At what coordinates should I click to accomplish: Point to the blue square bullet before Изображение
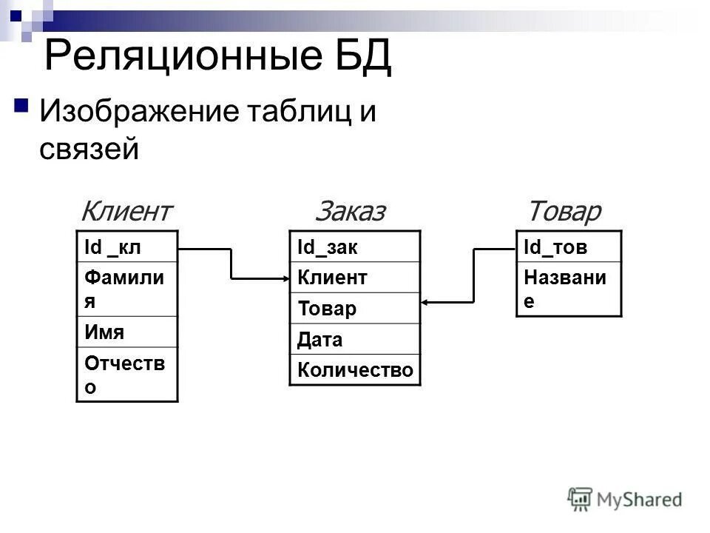click(x=21, y=104)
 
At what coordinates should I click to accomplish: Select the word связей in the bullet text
click(x=89, y=149)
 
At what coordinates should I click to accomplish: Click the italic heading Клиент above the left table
click(x=126, y=212)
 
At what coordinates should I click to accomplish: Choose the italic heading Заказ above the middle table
click(x=351, y=212)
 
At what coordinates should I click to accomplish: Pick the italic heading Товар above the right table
click(x=564, y=212)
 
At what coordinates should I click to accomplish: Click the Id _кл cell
click(x=126, y=247)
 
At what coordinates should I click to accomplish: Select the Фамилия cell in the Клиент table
click(x=126, y=289)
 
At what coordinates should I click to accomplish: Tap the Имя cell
click(x=126, y=332)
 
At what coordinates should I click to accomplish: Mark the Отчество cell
click(x=126, y=374)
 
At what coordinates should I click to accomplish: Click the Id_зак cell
click(x=354, y=247)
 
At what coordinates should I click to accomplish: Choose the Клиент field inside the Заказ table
click(x=354, y=278)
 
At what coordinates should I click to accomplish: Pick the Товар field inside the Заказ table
click(x=354, y=309)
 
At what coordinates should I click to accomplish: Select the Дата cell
click(x=354, y=339)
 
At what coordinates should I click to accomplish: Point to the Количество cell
click(x=354, y=369)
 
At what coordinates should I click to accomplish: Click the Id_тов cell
click(x=569, y=247)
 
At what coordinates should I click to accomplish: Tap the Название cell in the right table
click(x=569, y=289)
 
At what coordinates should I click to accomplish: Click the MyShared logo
click(x=624, y=497)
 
